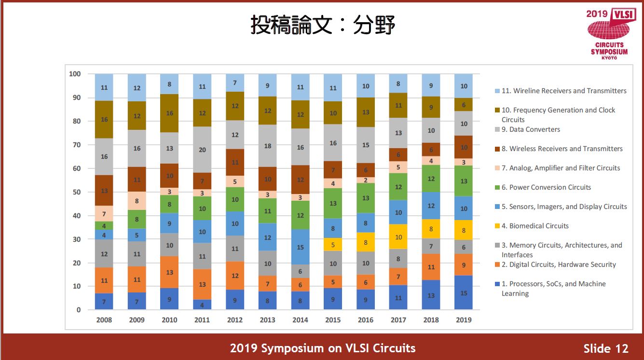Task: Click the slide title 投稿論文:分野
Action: [322, 25]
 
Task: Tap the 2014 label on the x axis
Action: [301, 320]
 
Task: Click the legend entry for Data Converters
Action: [531, 129]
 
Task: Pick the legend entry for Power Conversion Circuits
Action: [546, 187]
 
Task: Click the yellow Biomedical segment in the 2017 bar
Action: [398, 236]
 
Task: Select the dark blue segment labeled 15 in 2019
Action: [464, 292]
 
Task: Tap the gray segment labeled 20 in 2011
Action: [202, 150]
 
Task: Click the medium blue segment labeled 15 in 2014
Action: [301, 247]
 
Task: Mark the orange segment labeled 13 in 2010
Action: [169, 272]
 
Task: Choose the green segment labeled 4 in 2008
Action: [104, 225]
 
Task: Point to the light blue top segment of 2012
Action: [235, 83]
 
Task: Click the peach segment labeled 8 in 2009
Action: [137, 201]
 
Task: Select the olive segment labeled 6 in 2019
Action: [464, 105]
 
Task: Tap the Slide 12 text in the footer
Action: [605, 348]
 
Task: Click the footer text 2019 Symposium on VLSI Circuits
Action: [322, 348]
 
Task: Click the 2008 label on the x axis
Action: [104, 320]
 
